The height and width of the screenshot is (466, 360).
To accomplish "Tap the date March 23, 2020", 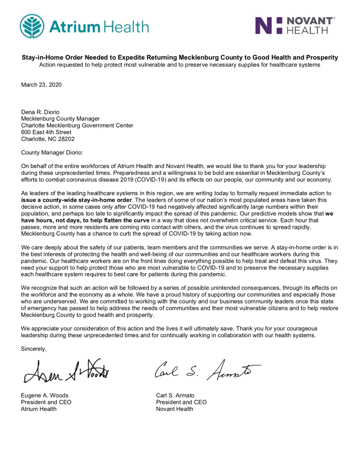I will point(41,84).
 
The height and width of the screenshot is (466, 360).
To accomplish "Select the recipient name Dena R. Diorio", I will point(41,112).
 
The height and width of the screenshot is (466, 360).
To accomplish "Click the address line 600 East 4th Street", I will point(46,132).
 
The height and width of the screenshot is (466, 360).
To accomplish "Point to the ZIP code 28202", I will point(66,139).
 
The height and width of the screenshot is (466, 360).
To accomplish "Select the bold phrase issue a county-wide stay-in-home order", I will point(76,200).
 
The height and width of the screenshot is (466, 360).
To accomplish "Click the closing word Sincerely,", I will point(34,349).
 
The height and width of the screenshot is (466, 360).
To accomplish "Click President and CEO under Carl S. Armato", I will point(181,402).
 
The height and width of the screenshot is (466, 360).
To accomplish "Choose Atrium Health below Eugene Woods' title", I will point(39,409).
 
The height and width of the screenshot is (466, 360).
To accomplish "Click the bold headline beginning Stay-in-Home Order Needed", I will point(180,58).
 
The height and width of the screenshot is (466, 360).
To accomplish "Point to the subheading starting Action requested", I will point(180,65).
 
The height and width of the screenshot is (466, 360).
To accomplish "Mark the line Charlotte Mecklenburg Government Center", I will point(77,125).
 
